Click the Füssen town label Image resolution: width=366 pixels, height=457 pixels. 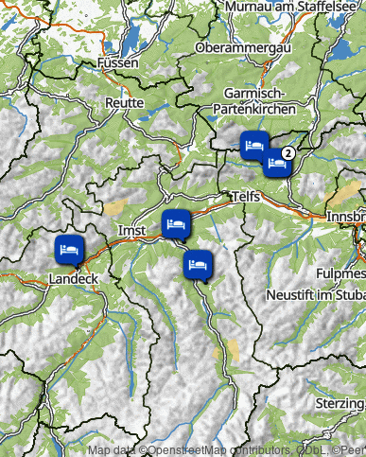117,63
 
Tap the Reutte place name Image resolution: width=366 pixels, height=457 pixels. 125,102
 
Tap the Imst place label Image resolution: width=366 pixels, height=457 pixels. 131,231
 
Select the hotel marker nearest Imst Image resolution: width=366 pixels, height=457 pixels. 176,224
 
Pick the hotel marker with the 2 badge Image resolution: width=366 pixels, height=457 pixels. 277,162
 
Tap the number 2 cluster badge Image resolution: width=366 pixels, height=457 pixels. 290,151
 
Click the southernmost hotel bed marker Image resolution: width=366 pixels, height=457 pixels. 198,264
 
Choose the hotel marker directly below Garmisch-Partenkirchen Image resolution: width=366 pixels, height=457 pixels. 253,145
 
